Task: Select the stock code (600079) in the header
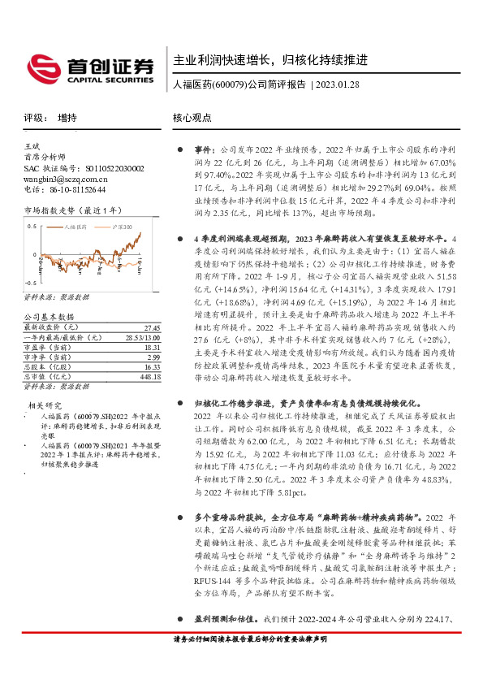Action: pyautogui.click(x=228, y=84)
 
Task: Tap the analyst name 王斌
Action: pyautogui.click(x=32, y=145)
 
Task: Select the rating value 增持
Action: pyautogui.click(x=67, y=118)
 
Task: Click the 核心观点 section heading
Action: pyautogui.click(x=192, y=118)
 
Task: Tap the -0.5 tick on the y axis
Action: pyautogui.click(x=29, y=296)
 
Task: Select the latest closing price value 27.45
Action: pyautogui.click(x=153, y=327)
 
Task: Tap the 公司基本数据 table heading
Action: pyautogui.click(x=48, y=316)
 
